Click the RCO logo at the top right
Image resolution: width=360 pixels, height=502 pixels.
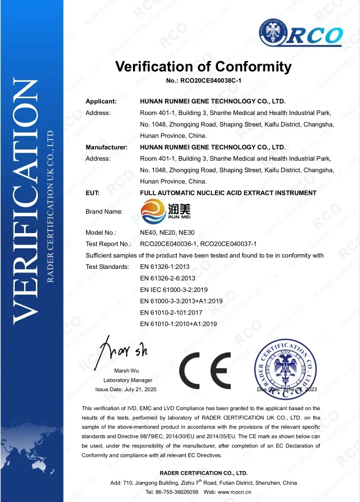click(x=301, y=34)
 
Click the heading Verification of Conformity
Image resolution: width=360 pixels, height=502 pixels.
click(x=203, y=67)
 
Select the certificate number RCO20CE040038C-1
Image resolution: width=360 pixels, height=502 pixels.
click(x=203, y=81)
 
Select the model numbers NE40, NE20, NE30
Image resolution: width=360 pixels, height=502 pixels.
click(x=163, y=232)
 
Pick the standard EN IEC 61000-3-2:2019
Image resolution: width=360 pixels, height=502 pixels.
click(x=174, y=290)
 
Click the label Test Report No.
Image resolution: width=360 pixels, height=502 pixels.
click(x=108, y=244)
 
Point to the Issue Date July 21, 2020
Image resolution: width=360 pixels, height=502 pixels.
click(x=126, y=390)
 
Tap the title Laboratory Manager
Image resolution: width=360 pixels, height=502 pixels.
click(x=128, y=380)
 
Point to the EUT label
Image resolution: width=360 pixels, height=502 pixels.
click(x=92, y=193)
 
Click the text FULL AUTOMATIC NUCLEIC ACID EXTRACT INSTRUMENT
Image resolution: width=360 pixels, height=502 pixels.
click(x=228, y=193)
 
